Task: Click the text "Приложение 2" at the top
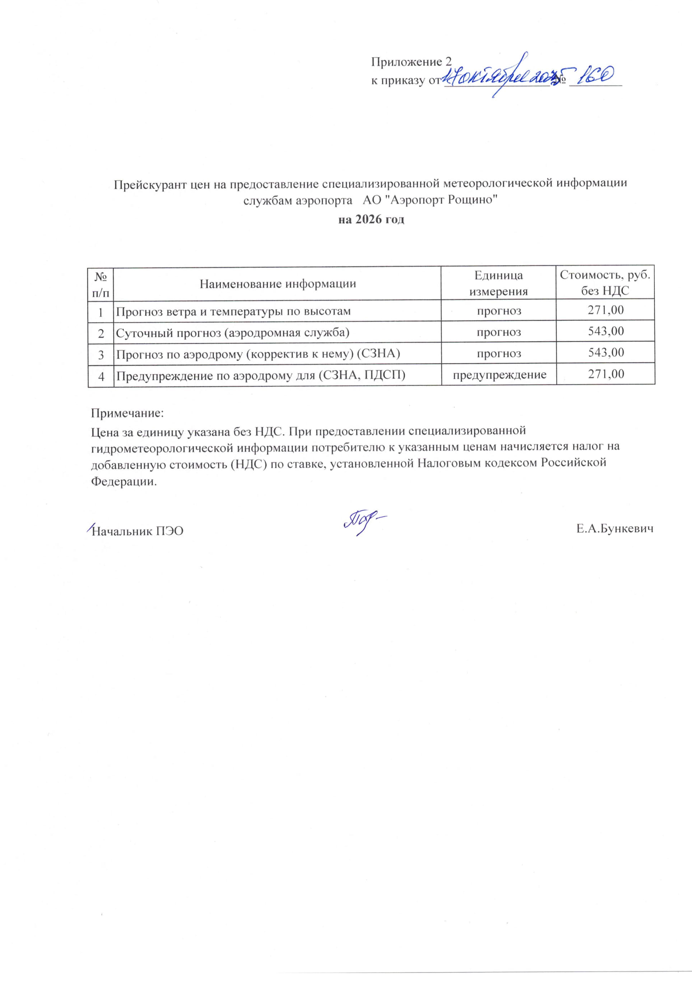click(x=411, y=62)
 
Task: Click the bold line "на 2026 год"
click(x=371, y=220)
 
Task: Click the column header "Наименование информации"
click(x=278, y=283)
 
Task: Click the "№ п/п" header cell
click(x=101, y=283)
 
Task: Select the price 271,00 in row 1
click(x=605, y=310)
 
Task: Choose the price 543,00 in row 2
click(x=605, y=331)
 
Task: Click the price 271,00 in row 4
click(x=605, y=374)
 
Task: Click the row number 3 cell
click(x=101, y=354)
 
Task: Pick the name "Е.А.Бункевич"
click(x=615, y=529)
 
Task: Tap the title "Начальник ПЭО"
click(x=138, y=531)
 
